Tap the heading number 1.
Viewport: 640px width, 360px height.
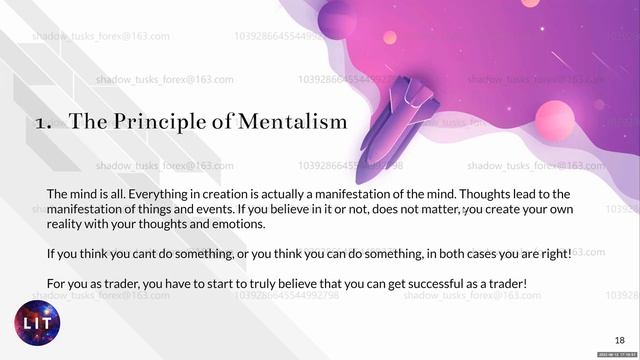(41, 123)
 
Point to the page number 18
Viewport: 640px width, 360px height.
(619, 340)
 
